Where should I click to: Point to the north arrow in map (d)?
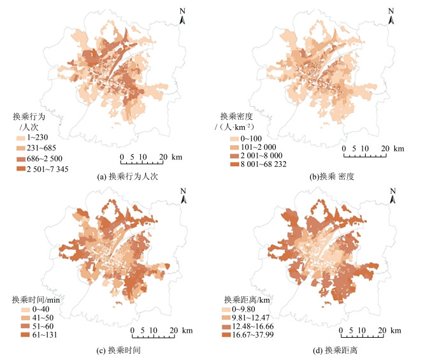(392, 195)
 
